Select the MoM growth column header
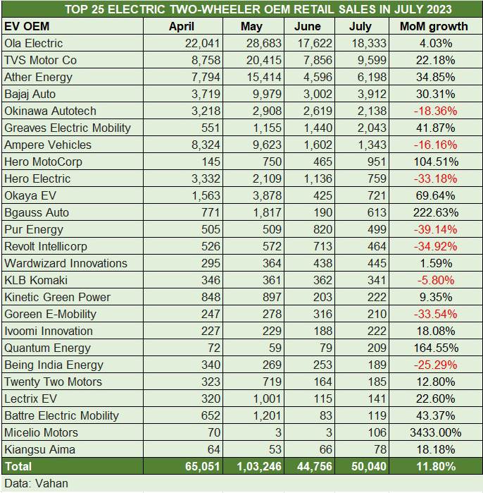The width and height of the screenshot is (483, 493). click(x=433, y=26)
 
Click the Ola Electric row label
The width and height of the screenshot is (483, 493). click(x=33, y=43)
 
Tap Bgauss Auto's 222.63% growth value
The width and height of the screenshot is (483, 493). click(x=434, y=212)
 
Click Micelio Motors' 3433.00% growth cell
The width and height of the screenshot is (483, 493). click(x=434, y=432)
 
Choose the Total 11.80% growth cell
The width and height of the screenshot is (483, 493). click(x=435, y=466)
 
